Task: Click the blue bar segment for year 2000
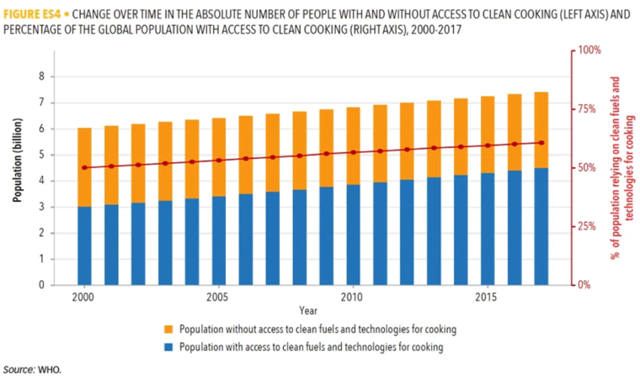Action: pyautogui.click(x=84, y=246)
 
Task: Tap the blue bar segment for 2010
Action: pyautogui.click(x=352, y=235)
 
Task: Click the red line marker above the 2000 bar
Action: pyautogui.click(x=84, y=167)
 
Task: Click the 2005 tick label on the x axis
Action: pyautogui.click(x=218, y=298)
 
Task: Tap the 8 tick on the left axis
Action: pyautogui.click(x=40, y=77)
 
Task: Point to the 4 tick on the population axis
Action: pyautogui.click(x=40, y=181)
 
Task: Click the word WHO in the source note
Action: pyautogui.click(x=49, y=369)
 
